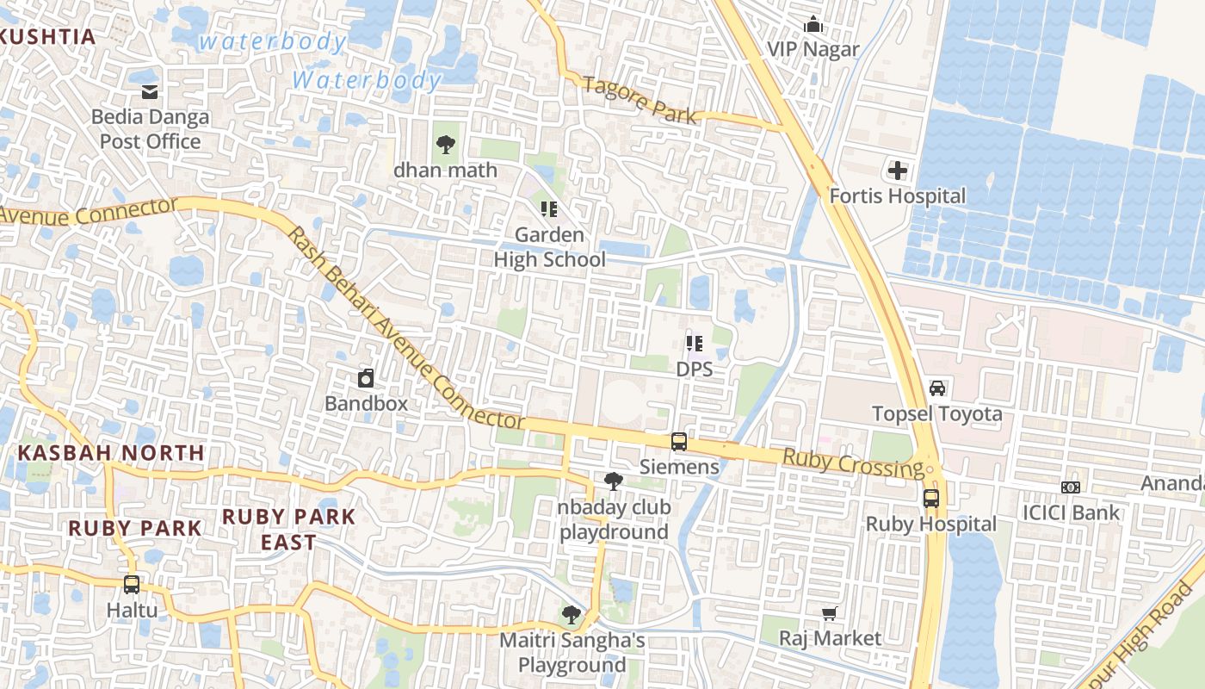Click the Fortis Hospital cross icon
[898, 171]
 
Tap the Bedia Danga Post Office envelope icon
[150, 92]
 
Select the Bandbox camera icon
[366, 378]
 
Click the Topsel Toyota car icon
[937, 388]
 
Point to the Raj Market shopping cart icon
[829, 613]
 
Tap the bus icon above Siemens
[679, 442]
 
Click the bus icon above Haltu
[132, 585]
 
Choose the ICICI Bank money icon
[1071, 487]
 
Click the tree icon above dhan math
[445, 145]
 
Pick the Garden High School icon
[549, 208]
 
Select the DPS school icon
[694, 344]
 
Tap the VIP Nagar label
[813, 49]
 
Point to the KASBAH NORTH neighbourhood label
[112, 452]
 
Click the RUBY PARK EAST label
[289, 529]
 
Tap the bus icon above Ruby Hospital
[930, 499]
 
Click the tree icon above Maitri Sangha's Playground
[571, 614]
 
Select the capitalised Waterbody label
[367, 80]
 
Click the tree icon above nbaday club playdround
[614, 481]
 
